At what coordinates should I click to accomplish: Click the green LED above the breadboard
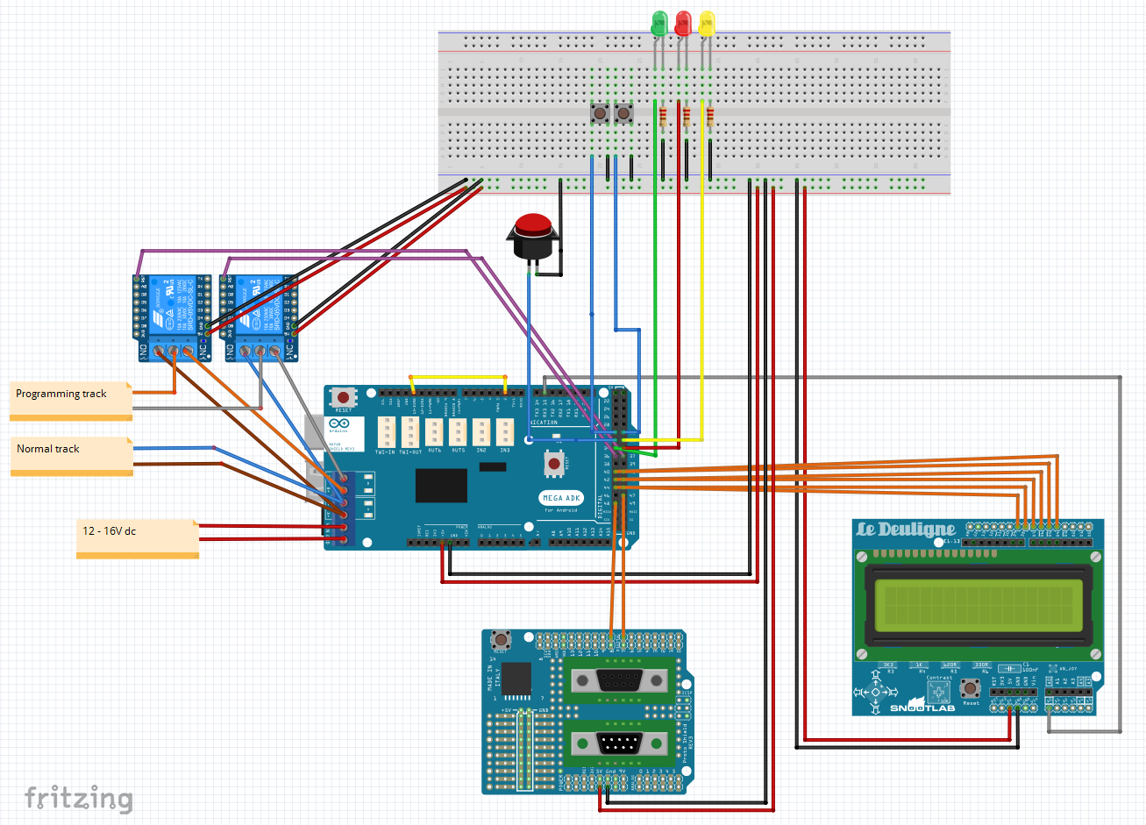(659, 23)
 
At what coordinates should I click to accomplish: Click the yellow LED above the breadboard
(707, 23)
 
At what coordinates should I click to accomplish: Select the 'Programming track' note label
(61, 395)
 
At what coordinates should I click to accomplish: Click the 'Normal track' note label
(48, 449)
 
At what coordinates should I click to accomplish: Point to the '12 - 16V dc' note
(110, 531)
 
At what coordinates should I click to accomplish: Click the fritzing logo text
(79, 798)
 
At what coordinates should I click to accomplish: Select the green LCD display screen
(979, 605)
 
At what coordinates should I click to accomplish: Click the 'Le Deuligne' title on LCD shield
(906, 530)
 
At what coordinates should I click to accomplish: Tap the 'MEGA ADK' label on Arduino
(561, 498)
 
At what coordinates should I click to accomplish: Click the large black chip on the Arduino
(441, 485)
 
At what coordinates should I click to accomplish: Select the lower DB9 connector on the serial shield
(619, 744)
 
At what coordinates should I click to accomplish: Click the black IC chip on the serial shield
(516, 679)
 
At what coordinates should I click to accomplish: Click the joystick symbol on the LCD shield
(874, 692)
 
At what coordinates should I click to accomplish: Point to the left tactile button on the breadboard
(600, 113)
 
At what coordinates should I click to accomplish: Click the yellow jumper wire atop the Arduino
(458, 377)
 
